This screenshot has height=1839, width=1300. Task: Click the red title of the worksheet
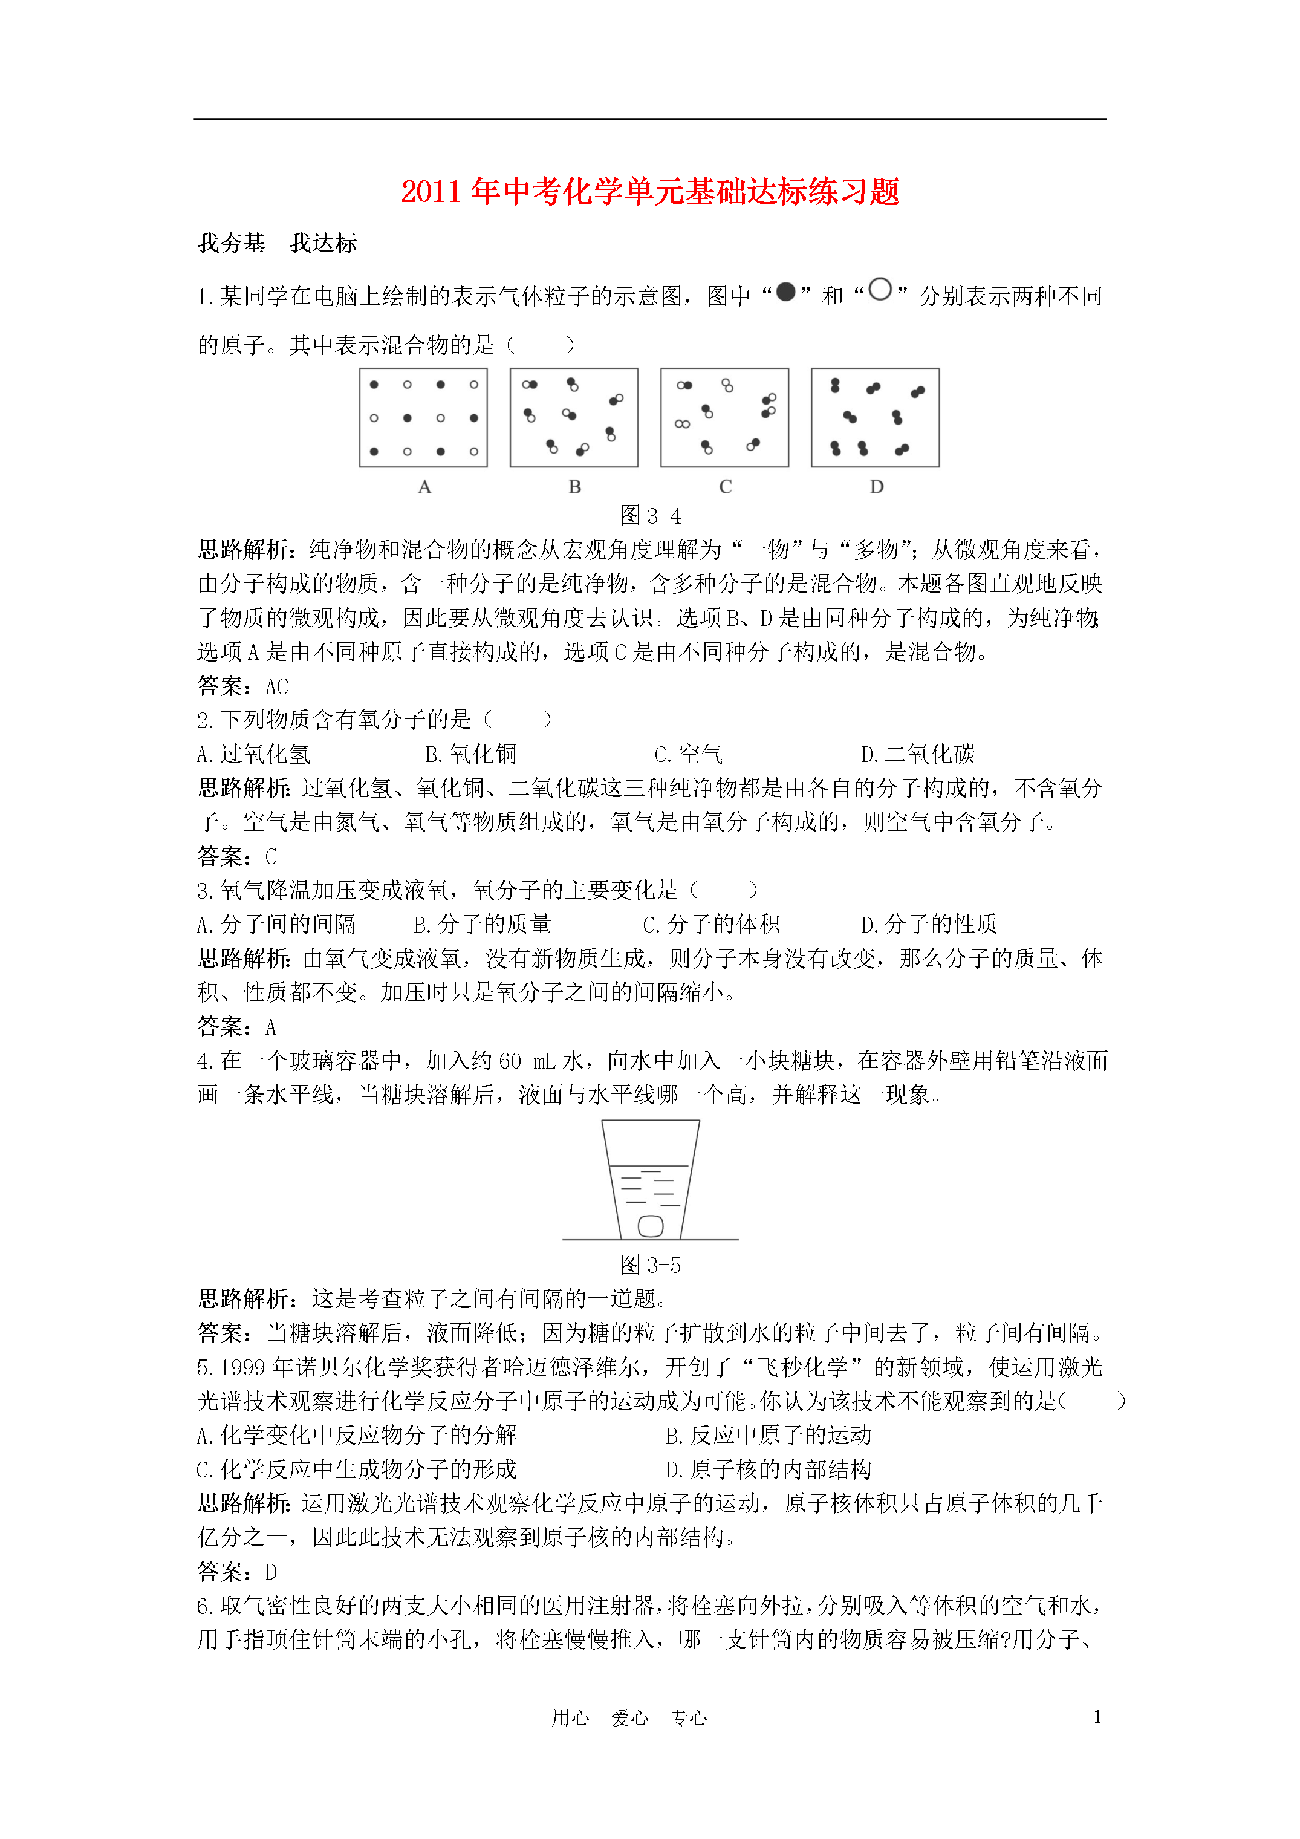tap(649, 192)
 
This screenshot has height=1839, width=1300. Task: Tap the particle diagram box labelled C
tap(724, 417)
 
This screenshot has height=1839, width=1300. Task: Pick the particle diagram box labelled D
tap(875, 417)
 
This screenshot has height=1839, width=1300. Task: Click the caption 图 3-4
tap(649, 516)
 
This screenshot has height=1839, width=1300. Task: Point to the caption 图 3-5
tap(649, 1266)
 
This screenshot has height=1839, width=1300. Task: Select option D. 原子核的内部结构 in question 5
tap(768, 1470)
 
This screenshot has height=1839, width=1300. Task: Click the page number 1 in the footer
tap(1097, 1716)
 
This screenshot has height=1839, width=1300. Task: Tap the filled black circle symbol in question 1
tap(786, 292)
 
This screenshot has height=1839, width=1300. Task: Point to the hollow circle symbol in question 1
tap(880, 290)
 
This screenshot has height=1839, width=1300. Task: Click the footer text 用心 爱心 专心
tap(629, 1718)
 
